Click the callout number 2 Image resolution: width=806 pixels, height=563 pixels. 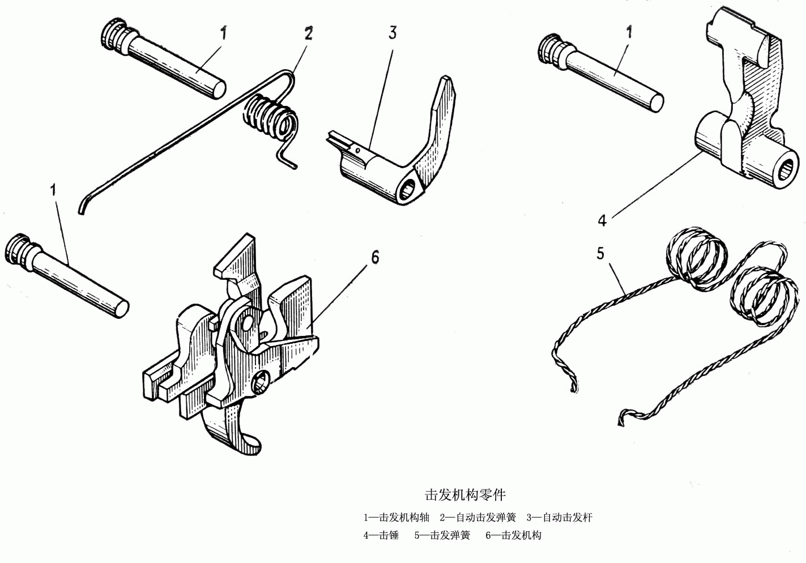[x=308, y=34]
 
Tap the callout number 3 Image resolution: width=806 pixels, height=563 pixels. [x=393, y=33]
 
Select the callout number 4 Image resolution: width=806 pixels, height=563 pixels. [x=602, y=220]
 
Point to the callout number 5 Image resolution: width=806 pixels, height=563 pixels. [x=600, y=253]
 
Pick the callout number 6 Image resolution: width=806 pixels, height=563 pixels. [x=375, y=257]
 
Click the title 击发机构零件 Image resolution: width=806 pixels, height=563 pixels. [x=465, y=494]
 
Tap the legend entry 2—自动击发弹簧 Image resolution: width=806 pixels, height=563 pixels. [x=478, y=517]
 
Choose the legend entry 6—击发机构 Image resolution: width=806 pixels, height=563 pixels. [x=513, y=535]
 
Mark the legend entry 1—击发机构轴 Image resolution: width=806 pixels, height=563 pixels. [x=396, y=517]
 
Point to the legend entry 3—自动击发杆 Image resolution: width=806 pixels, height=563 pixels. [x=559, y=517]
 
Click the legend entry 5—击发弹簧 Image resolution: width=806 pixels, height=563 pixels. [x=442, y=535]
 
